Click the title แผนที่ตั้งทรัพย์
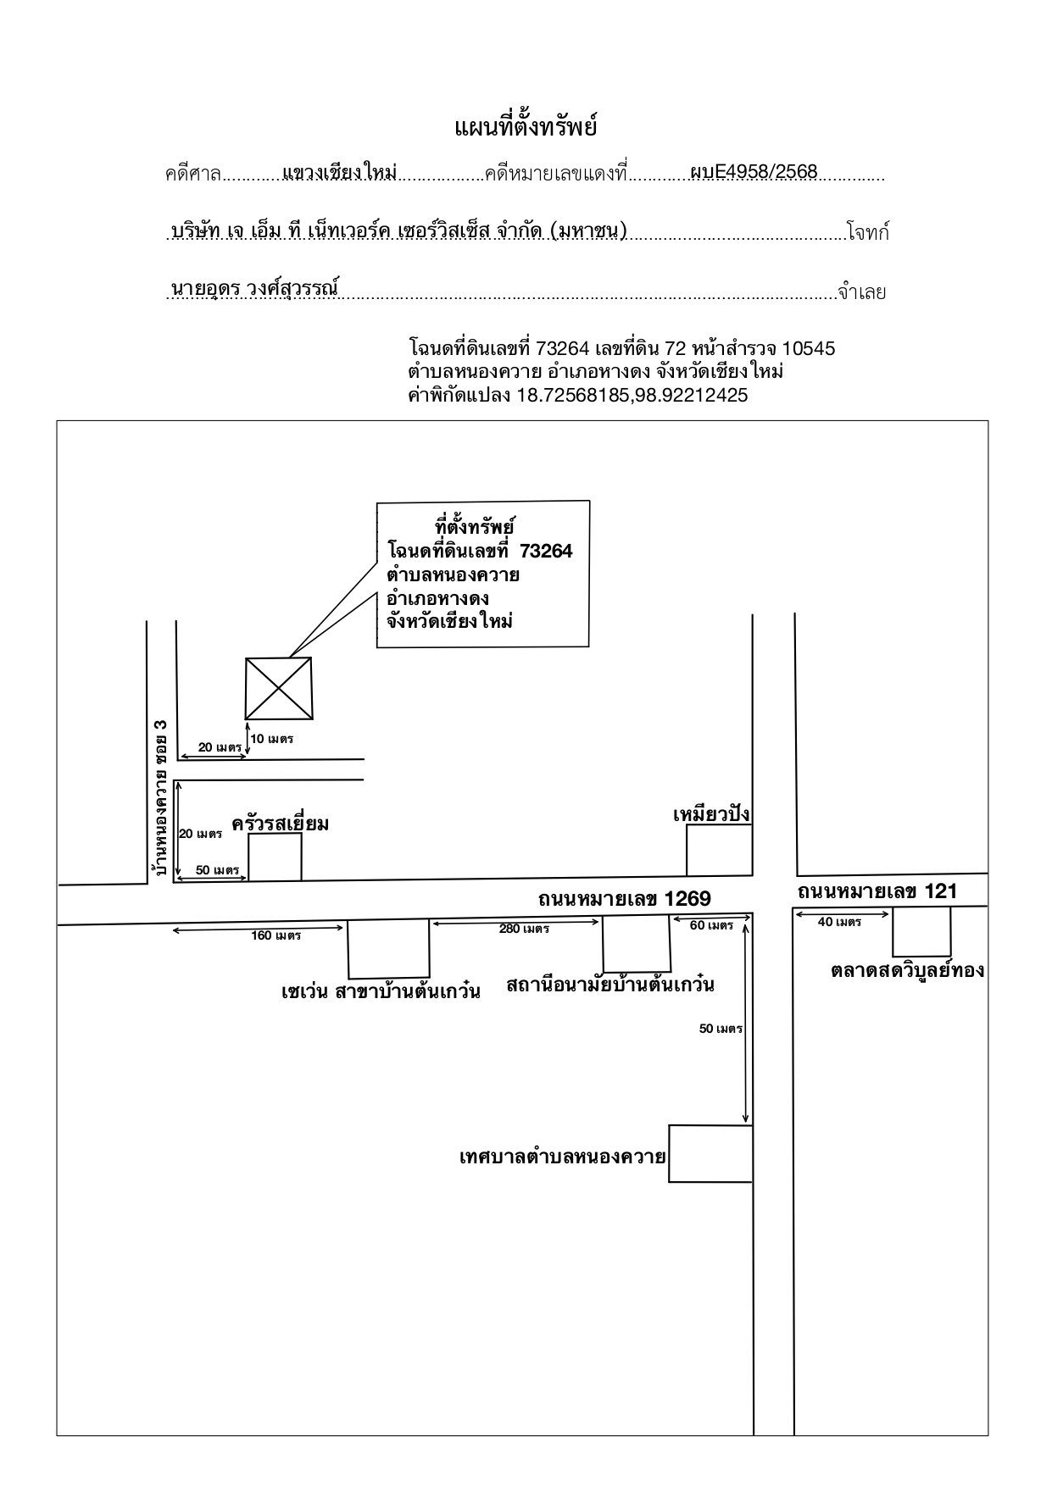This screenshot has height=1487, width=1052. (526, 128)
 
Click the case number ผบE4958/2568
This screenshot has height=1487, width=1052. (754, 172)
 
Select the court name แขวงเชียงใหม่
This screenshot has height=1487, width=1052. (339, 172)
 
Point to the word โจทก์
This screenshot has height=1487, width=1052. (868, 232)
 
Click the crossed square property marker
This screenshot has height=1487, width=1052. (278, 689)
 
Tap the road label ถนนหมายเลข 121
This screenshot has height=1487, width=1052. (877, 891)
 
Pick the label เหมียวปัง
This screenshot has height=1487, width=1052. (711, 815)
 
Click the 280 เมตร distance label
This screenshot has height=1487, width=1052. (524, 929)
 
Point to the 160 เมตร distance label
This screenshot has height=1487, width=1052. (276, 935)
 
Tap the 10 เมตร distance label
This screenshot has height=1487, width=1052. (272, 739)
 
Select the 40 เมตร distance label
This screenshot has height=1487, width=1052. (839, 922)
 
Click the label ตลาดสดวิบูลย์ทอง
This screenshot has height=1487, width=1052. (907, 970)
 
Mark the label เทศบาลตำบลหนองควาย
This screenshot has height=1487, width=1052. (562, 1157)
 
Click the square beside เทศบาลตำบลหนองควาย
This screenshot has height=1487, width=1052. (710, 1153)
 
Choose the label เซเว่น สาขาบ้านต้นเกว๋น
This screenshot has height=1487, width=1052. (381, 990)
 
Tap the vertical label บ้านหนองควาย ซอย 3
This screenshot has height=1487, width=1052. (159, 797)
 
